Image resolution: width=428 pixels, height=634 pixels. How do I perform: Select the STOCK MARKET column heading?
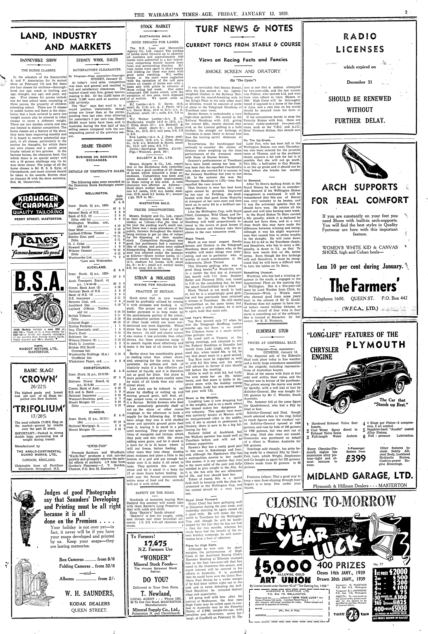(155, 27)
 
